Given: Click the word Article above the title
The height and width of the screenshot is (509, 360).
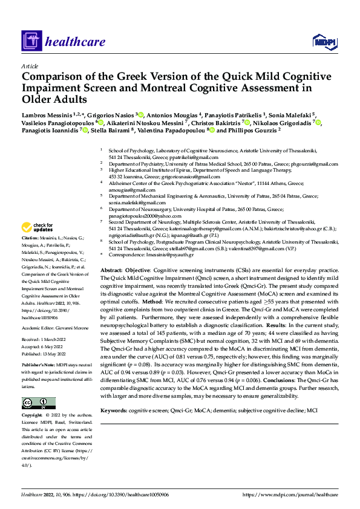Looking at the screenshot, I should [30, 66].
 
